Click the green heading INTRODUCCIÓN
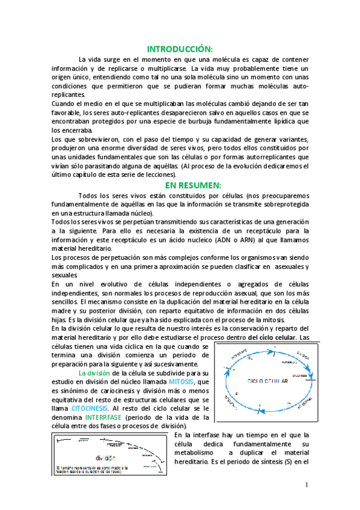click(x=180, y=49)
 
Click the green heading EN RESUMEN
click(x=180, y=185)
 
